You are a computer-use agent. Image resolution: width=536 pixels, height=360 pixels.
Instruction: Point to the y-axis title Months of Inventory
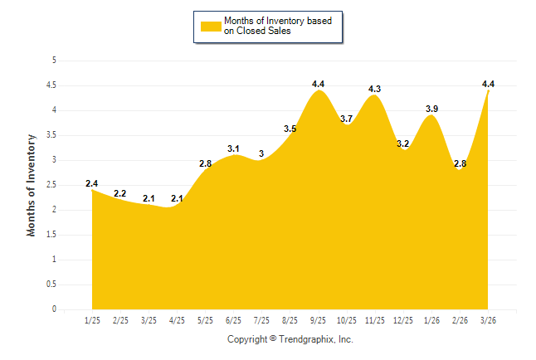tap(32, 185)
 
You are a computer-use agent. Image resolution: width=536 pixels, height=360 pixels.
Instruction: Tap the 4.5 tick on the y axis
tap(51, 85)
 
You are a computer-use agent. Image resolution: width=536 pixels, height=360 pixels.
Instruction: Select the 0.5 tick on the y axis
tap(51, 284)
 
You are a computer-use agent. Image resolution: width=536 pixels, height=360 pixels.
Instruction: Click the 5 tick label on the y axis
tap(54, 60)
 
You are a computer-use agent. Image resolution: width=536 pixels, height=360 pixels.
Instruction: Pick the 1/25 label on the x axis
tap(91, 320)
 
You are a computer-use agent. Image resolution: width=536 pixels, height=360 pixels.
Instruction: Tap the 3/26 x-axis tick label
tap(489, 320)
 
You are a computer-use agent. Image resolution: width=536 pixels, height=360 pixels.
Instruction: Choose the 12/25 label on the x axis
tap(403, 320)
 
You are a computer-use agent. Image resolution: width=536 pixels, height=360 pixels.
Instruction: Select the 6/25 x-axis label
tap(233, 320)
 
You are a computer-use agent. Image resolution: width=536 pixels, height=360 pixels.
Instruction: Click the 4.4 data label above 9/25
tap(319, 84)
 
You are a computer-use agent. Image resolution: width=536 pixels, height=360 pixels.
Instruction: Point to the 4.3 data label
tap(375, 89)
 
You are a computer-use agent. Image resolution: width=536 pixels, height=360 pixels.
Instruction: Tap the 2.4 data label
tap(91, 183)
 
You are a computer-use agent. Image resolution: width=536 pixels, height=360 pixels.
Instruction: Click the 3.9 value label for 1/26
tap(432, 109)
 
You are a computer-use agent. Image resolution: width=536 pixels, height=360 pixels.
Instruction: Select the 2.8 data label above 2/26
tap(460, 163)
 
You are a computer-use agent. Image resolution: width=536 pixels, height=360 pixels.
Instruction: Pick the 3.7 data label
tap(347, 119)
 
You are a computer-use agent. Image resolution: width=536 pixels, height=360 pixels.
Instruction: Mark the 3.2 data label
tap(403, 144)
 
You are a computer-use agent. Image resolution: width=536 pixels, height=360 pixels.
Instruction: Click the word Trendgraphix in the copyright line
tap(306, 339)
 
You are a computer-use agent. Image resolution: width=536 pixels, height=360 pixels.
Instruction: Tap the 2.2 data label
tap(120, 193)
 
